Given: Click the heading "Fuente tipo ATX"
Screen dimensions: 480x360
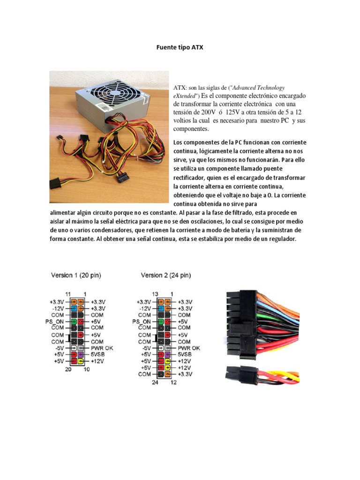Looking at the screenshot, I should pos(180,48).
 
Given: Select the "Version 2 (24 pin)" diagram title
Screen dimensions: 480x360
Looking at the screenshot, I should pos(166,275).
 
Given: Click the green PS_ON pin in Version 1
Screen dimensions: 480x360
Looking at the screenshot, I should pos(75,322).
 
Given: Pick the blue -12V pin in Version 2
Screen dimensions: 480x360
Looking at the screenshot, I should pos(162,308).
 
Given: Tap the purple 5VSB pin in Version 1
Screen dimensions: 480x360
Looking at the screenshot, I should pos(81,355).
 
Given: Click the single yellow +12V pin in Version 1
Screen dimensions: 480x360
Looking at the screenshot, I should pos(81,362).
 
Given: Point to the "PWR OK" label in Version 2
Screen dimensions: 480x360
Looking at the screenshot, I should pos(189,348).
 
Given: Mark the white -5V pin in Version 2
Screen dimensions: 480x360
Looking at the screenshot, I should pos(162,348).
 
